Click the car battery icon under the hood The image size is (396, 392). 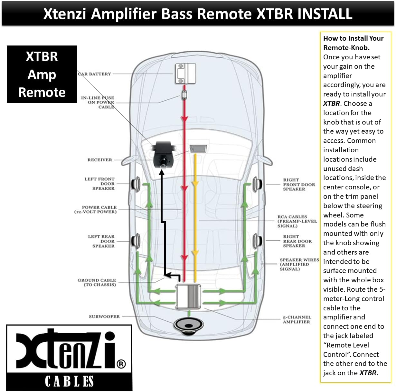[x=185, y=74]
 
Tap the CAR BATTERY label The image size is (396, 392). [x=95, y=74]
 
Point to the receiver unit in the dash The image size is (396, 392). [x=198, y=149]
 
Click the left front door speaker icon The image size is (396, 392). [x=136, y=184]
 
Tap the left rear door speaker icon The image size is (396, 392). [x=135, y=241]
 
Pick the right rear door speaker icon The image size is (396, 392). [x=258, y=241]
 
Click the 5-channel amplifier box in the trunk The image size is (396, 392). [x=188, y=297]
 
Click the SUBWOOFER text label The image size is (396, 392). [x=104, y=317]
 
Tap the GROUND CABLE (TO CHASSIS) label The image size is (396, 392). [x=97, y=282]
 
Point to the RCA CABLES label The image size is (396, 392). [x=297, y=221]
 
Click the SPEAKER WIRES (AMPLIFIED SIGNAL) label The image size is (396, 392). [x=299, y=264]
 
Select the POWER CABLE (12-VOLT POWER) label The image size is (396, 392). [x=96, y=209]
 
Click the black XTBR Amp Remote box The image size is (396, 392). [x=42, y=74]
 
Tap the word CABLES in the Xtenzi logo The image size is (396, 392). [x=69, y=381]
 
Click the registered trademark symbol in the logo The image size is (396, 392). [x=121, y=364]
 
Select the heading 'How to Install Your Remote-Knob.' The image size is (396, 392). [x=353, y=43]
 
